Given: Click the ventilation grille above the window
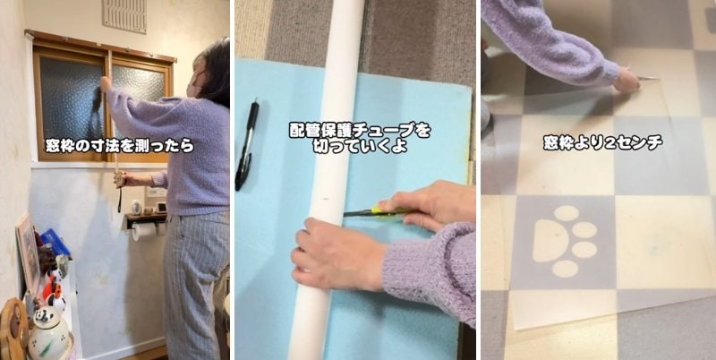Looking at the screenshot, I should [x=124, y=15].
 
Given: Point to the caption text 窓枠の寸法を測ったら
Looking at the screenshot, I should [x=119, y=144].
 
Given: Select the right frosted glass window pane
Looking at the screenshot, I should [x=136, y=90].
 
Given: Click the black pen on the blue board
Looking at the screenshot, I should [x=246, y=144].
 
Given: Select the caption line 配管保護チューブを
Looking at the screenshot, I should [x=359, y=130].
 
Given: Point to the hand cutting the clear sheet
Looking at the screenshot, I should [x=626, y=80].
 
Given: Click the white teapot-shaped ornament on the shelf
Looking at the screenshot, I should [x=49, y=337].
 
